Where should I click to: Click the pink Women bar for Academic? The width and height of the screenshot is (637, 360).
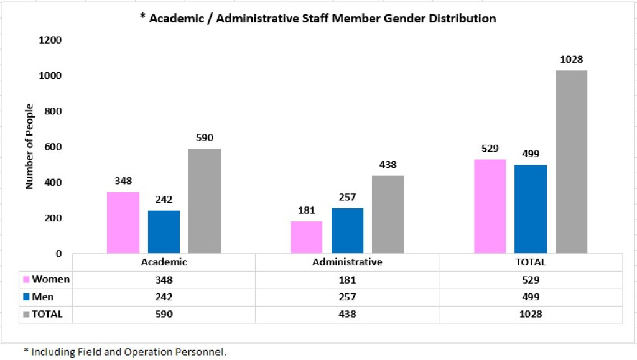pos(123,223)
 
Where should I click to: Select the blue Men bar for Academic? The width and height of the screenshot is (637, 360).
pos(164,232)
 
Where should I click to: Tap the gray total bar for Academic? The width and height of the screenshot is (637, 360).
pos(205,201)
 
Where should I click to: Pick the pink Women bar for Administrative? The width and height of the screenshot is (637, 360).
pos(307,238)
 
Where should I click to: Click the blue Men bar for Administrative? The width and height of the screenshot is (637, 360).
pos(347,231)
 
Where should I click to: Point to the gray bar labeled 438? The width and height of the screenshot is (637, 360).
pos(388,215)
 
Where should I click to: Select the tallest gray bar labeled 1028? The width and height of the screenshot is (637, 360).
pos(572,162)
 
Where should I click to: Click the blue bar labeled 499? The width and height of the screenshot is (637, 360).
pos(531,209)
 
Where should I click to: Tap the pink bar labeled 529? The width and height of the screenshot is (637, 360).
pos(490,206)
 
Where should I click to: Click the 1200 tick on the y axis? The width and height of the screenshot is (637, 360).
pos(51,40)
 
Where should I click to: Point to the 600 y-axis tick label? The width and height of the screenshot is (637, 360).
pos(54,147)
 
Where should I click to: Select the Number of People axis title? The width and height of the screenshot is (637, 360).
pos(29,147)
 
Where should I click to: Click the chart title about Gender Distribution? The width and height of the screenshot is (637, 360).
pos(318,18)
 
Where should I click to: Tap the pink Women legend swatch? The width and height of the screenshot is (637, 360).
pos(26,279)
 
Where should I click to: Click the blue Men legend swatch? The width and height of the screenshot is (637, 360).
pos(26,297)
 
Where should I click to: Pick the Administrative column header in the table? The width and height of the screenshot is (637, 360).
pos(347,262)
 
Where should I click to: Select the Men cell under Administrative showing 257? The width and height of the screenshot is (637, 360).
pos(347,297)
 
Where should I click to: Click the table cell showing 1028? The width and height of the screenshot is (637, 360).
pos(531,314)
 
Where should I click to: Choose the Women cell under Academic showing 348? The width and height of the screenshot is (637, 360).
pos(164,279)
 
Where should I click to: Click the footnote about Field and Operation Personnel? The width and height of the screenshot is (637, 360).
pos(125,351)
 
